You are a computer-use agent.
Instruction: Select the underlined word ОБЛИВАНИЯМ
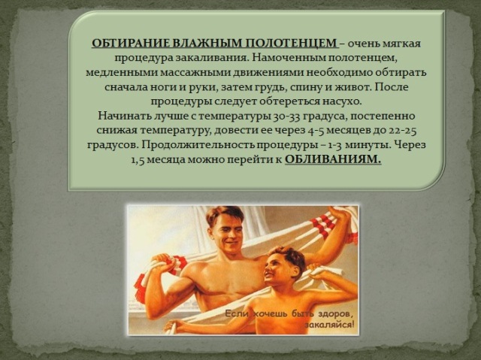333,159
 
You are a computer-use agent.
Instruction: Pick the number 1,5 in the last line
138,160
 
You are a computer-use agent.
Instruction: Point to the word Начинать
117,116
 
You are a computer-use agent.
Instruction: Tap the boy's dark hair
287,256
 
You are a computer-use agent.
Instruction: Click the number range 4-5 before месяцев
314,131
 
